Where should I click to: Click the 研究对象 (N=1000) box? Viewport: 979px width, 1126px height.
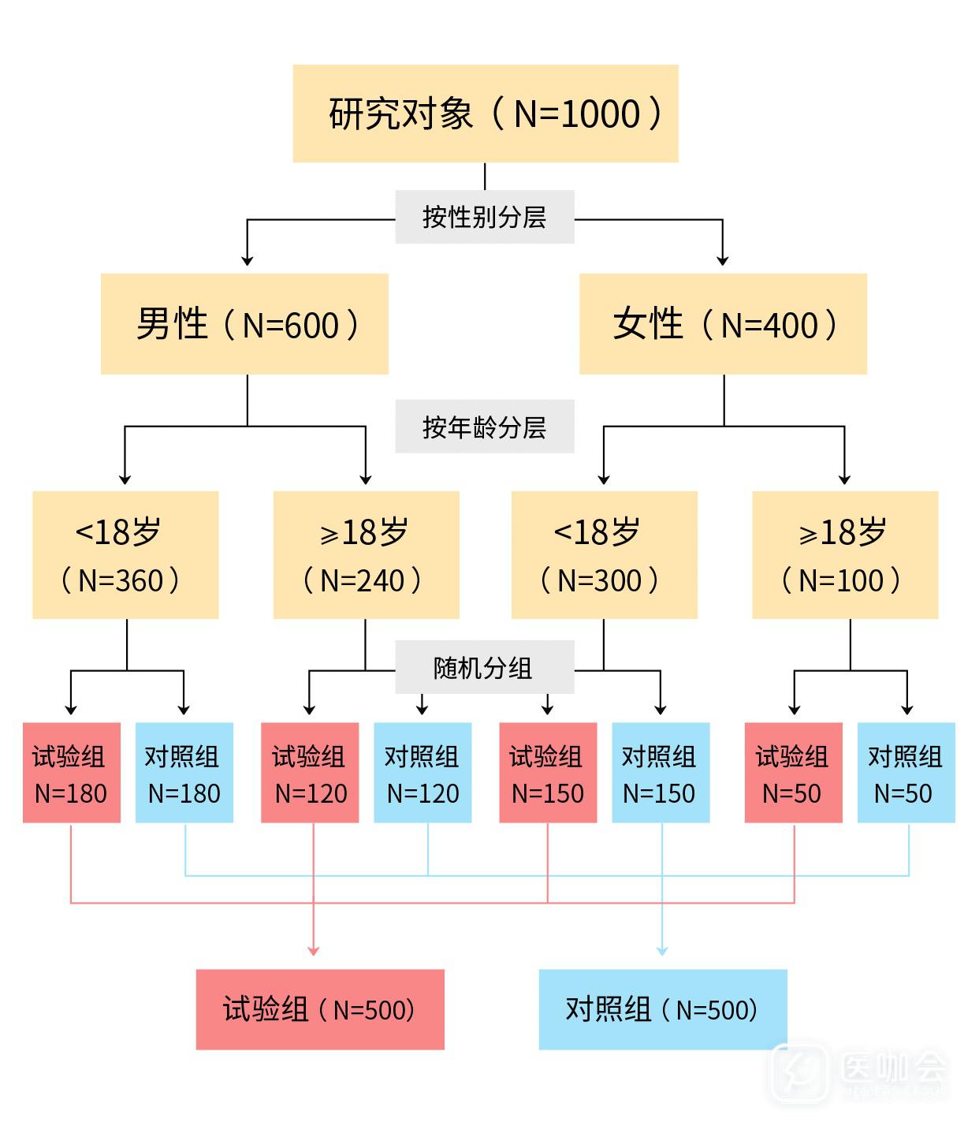pyautogui.click(x=485, y=114)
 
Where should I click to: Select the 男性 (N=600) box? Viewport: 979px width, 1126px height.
pyautogui.click(x=244, y=323)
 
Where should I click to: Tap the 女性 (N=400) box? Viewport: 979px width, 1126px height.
pyautogui.click(x=723, y=323)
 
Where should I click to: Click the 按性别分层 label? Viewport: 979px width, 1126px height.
pyautogui.click(x=484, y=217)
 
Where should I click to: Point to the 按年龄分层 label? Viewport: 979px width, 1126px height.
pyautogui.click(x=484, y=427)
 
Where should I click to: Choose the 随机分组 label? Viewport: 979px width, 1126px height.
pyautogui.click(x=484, y=668)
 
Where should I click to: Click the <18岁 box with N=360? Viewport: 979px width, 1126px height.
pyautogui.click(x=125, y=554)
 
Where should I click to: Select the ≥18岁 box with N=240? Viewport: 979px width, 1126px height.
pyautogui.click(x=366, y=554)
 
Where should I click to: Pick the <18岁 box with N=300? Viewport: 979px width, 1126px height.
pyautogui.click(x=604, y=554)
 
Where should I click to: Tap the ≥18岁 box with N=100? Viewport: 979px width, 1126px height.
pyautogui.click(x=845, y=554)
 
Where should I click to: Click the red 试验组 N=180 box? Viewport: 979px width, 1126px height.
pyautogui.click(x=71, y=773)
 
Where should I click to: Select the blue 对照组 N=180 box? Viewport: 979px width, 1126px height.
pyautogui.click(x=184, y=773)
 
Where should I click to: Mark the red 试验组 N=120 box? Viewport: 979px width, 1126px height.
pyautogui.click(x=310, y=773)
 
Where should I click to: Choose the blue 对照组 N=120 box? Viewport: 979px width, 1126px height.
pyautogui.click(x=422, y=773)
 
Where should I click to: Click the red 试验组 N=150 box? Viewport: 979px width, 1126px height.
pyautogui.click(x=548, y=773)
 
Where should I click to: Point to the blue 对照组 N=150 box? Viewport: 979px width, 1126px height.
pyautogui.click(x=661, y=773)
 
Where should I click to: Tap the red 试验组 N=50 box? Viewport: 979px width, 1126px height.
pyautogui.click(x=793, y=773)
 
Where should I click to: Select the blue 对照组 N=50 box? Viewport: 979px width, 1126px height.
pyautogui.click(x=906, y=773)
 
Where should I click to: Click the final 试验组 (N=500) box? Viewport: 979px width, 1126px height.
pyautogui.click(x=320, y=1009)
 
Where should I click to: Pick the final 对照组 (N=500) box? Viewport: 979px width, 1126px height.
pyautogui.click(x=663, y=1009)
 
